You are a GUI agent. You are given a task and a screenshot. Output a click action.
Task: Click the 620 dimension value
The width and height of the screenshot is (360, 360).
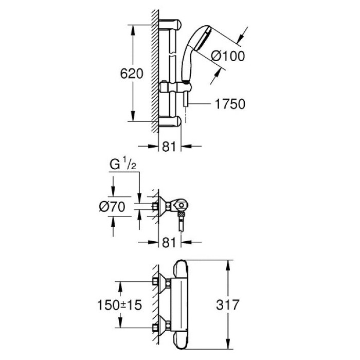(x=128, y=73)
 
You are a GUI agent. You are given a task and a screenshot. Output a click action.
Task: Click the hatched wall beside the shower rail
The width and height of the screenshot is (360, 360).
(x=154, y=72)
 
